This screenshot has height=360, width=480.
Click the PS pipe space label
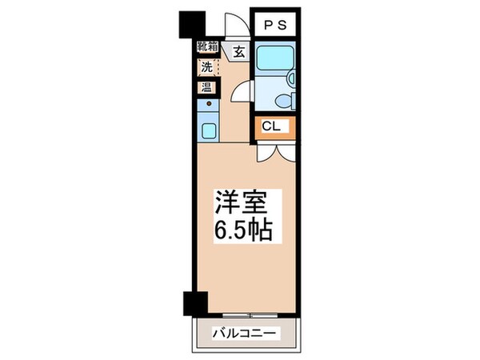pos(275,26)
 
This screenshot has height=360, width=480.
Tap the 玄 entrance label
pos(238,53)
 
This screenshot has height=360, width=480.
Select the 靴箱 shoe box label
pos(207,47)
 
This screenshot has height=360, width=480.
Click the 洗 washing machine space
pos(206,67)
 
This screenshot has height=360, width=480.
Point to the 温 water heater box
pos(206,86)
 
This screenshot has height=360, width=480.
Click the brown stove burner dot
pos(209,103)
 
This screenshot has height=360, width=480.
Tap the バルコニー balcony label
pos(244,333)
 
